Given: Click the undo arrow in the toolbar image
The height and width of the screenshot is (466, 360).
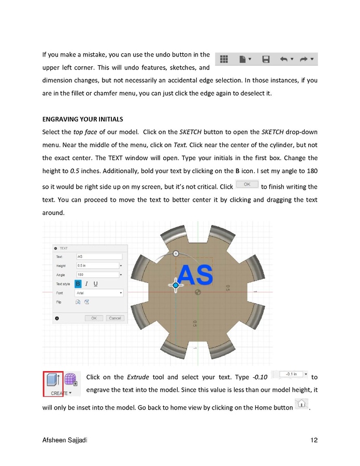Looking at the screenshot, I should click(284, 60).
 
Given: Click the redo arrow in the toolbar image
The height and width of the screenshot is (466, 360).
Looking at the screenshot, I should click(304, 60).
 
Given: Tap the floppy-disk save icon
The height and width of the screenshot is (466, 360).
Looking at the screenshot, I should click(266, 60).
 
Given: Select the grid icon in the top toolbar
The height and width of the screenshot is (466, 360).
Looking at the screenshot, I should click(224, 60).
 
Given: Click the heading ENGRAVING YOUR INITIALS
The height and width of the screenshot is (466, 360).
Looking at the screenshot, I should click(82, 120).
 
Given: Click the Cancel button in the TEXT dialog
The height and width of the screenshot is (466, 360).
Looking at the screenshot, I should click(115, 318).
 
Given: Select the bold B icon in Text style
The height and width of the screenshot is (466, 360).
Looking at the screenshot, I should click(78, 284).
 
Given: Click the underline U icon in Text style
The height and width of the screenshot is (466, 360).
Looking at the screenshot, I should click(95, 284).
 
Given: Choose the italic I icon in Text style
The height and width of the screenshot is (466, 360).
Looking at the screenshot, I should click(87, 284).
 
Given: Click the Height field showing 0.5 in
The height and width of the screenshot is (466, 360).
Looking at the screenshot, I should click(97, 265).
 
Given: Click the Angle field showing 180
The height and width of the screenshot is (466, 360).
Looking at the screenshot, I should click(97, 275).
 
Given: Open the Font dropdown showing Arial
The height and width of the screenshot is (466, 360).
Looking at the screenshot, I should click(99, 293).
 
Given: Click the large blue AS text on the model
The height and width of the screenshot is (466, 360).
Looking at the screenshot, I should click(195, 275).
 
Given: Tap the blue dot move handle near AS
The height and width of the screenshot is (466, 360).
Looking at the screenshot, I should click(176, 285).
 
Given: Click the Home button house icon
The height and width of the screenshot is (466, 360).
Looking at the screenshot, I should click(301, 404).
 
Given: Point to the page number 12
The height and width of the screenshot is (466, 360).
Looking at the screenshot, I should click(314, 441).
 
